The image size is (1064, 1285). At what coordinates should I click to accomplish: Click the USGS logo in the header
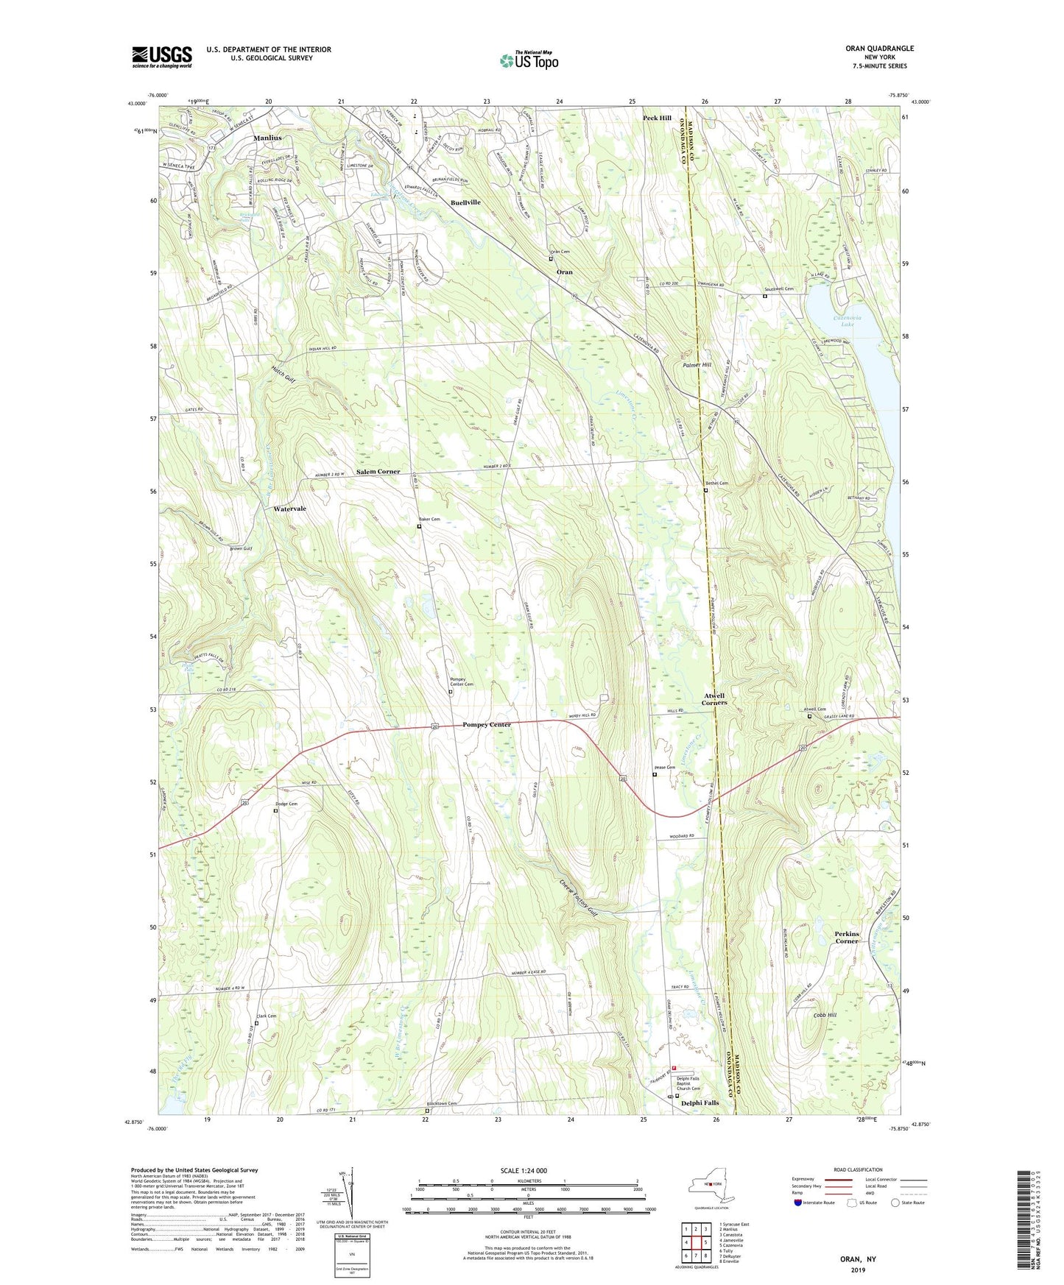pos(162,57)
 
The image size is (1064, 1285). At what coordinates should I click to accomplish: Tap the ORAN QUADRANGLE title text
pos(879,49)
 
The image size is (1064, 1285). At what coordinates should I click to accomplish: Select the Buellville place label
pos(465,202)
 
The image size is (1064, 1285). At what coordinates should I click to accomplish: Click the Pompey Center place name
pos(486,725)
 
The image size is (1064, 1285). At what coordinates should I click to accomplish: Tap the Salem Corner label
pos(378,471)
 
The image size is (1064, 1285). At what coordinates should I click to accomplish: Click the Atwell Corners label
pos(714,698)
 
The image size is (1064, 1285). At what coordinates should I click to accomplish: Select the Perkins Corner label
pos(847,937)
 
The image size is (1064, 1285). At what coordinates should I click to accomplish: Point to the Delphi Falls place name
pos(700,1103)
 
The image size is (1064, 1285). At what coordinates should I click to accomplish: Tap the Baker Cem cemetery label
pos(431,520)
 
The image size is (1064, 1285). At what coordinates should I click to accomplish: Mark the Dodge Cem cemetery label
pos(286,804)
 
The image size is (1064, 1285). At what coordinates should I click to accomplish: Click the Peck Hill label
pos(657,118)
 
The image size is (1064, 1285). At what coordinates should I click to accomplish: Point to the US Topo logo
pos(529,61)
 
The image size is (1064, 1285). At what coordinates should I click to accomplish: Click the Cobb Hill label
pos(825,1016)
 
